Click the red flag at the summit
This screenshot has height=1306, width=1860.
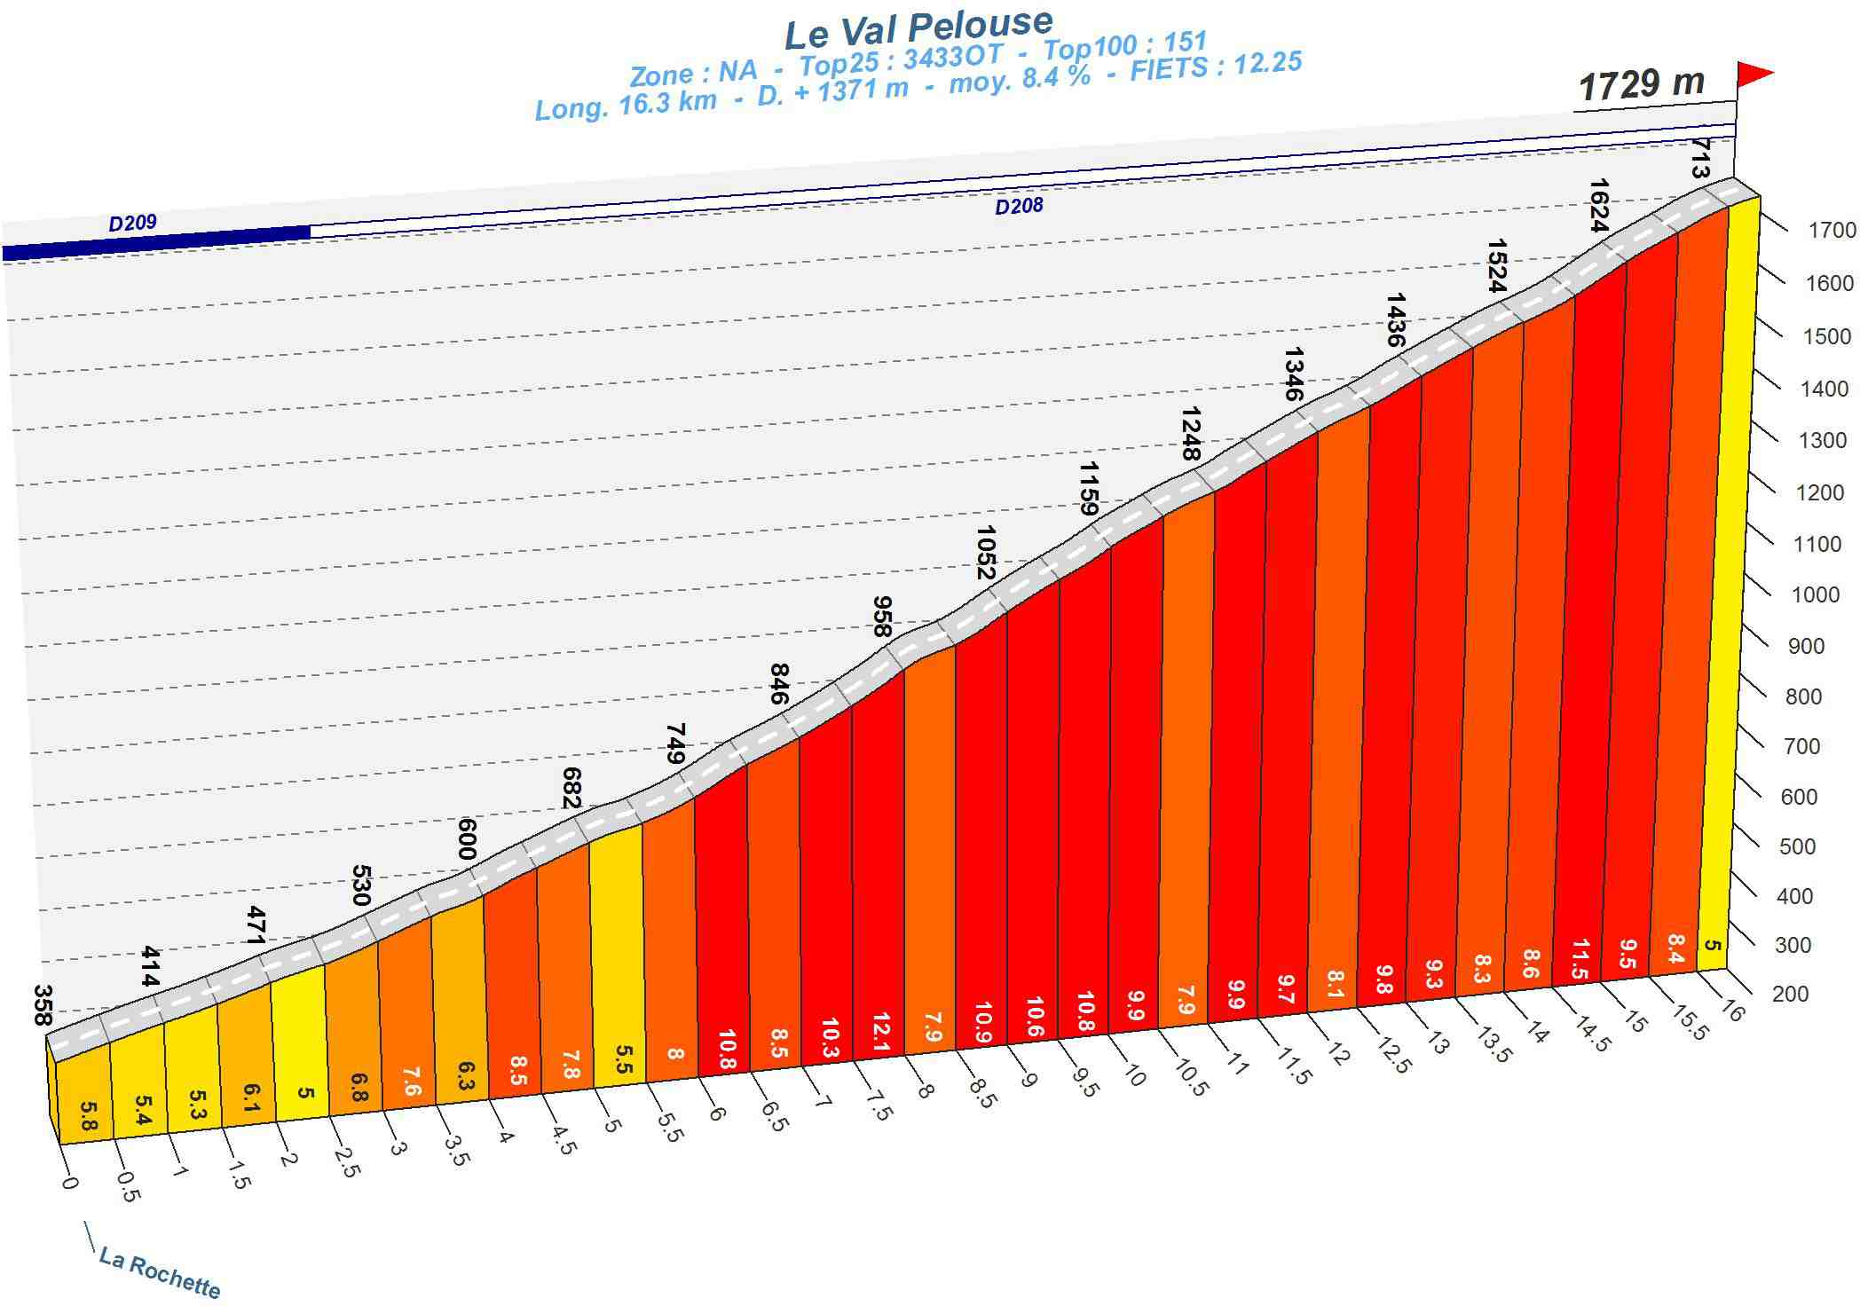1754,75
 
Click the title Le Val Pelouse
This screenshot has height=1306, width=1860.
918,28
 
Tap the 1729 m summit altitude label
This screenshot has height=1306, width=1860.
1641,85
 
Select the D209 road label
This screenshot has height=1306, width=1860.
132,222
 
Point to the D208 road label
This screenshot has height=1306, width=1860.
1018,207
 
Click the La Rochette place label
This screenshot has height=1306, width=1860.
160,1272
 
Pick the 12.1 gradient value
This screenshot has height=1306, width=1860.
880,1032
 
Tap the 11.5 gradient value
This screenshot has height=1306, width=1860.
1579,958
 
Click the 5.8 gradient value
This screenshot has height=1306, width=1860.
87,1115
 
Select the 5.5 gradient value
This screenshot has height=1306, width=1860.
623,1059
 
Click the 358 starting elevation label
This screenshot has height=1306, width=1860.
42,1004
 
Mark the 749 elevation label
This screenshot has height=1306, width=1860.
674,743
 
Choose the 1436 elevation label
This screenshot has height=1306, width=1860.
1395,319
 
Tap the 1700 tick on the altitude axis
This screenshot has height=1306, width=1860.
1832,231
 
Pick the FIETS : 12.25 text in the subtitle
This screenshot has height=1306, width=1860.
1215,66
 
